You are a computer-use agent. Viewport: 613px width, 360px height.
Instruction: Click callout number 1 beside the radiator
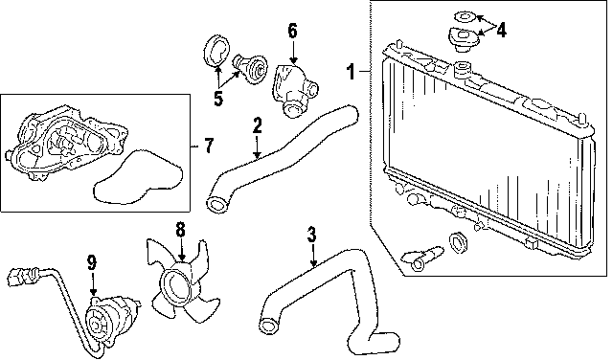[x=352, y=72]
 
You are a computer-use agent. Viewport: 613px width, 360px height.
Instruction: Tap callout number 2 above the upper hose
[x=257, y=125]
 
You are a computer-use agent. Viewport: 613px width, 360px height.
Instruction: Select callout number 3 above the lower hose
[x=311, y=235]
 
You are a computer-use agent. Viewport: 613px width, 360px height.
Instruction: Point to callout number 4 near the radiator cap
[x=501, y=30]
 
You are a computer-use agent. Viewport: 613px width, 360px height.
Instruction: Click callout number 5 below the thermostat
[x=218, y=98]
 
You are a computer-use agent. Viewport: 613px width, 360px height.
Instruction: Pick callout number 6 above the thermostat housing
[x=293, y=31]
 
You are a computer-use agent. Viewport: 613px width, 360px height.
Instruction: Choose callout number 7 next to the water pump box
[x=209, y=146]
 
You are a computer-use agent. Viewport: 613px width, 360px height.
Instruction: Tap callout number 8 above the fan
[x=180, y=230]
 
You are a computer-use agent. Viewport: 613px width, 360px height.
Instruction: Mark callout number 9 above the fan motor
[x=92, y=262]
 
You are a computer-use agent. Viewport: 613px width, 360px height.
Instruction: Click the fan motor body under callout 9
[x=111, y=316]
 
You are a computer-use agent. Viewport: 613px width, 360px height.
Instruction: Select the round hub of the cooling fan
[x=175, y=287]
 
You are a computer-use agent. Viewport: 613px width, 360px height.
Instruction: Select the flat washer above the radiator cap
[x=465, y=17]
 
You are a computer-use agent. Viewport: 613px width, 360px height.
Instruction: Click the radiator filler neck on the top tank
[x=463, y=69]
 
